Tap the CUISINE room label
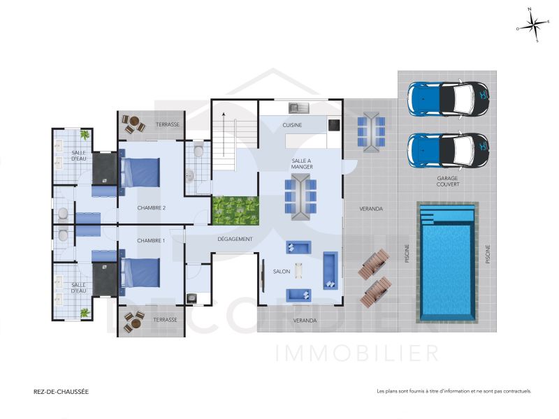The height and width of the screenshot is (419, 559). point(292,125)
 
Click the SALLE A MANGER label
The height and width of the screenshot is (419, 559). point(302,164)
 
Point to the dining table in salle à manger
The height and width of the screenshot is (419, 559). point(301,197)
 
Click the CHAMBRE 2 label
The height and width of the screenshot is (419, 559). point(151,207)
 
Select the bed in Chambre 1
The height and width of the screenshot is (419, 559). point(140,274)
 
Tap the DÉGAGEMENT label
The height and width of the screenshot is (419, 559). point(235,239)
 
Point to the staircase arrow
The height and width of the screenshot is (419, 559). point(224,133)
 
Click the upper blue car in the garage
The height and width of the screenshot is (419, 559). point(448,98)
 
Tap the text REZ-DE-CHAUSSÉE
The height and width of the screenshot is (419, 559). point(61,392)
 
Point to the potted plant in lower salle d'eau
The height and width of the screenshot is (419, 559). point(85,312)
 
